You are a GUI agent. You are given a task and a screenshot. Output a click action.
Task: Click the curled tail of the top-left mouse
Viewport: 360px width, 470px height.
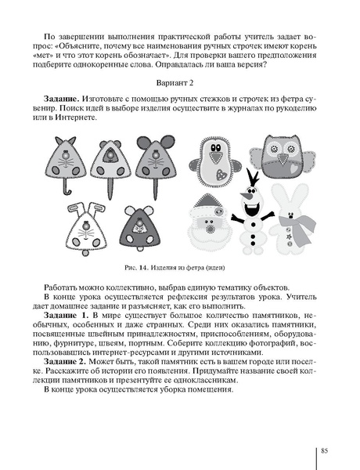click(x=67, y=189)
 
